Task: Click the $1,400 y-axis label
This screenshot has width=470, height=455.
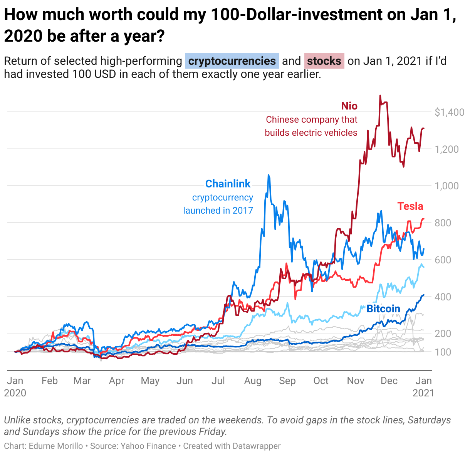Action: pos(449,113)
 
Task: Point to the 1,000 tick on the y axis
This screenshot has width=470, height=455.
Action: pos(446,186)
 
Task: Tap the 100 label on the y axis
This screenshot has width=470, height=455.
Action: pos(443,352)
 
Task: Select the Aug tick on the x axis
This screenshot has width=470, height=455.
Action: pos(253,381)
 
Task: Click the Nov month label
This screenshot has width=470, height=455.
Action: pos(355,381)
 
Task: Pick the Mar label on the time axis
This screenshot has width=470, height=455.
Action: pos(82,381)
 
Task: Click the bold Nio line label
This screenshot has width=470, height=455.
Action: pos(349,106)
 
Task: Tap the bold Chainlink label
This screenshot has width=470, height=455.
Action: pos(228,184)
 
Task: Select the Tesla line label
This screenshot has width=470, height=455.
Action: pos(410,206)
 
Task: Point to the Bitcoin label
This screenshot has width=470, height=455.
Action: pos(383,309)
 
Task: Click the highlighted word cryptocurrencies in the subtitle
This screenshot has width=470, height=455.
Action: pos(232,61)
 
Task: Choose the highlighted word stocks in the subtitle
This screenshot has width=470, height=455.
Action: pos(324,61)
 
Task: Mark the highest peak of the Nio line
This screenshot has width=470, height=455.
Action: pos(380,96)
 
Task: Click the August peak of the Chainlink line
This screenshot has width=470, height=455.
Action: pos(268,175)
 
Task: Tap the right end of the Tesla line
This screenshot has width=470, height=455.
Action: pos(424,219)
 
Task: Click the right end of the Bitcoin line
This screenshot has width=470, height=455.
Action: pos(424,295)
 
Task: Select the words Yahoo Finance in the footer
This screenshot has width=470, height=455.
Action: pos(148,446)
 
